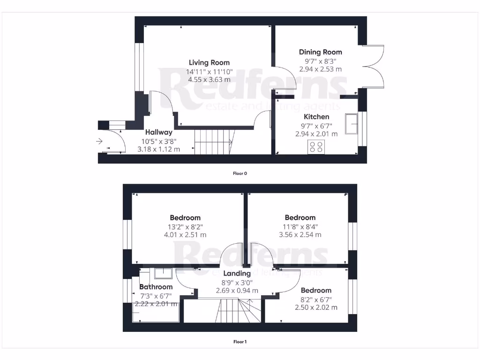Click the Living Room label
pyautogui.click(x=209, y=62)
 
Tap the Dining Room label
pyautogui.click(x=321, y=52)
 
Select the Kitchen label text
pyautogui.click(x=316, y=117)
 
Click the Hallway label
pyautogui.click(x=158, y=133)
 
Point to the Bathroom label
pyautogui.click(x=156, y=287)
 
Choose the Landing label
pyautogui.click(x=237, y=274)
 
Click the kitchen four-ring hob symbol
pyautogui.click(x=316, y=147)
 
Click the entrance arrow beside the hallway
pyautogui.click(x=99, y=141)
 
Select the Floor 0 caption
pyautogui.click(x=240, y=173)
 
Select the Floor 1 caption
pyautogui.click(x=240, y=342)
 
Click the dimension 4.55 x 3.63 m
pyautogui.click(x=209, y=80)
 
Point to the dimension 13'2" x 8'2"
pyautogui.click(x=185, y=226)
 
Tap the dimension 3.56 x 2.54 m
pyautogui.click(x=300, y=235)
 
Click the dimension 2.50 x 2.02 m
pyautogui.click(x=316, y=307)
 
